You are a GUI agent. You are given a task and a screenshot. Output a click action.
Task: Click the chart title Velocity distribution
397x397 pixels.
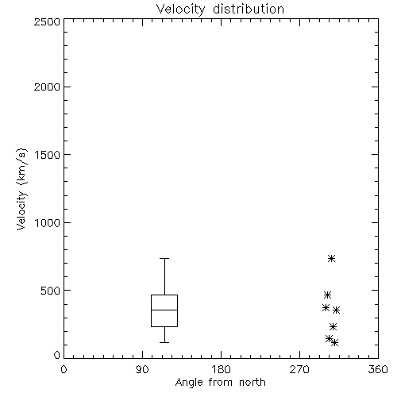point(220,9)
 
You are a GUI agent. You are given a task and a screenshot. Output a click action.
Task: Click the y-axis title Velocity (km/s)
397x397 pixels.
point(21,189)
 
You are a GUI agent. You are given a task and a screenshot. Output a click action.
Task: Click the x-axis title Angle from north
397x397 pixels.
point(220,383)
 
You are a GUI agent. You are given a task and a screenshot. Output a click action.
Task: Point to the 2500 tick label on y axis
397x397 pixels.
point(47,21)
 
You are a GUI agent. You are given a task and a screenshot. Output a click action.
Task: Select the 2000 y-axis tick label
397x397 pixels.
point(47,87)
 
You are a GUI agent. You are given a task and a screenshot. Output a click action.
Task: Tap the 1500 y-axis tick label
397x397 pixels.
point(48,155)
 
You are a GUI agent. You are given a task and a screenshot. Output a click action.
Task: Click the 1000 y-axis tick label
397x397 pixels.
point(48,222)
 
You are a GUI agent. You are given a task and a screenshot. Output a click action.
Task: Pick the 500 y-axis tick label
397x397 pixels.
point(51,291)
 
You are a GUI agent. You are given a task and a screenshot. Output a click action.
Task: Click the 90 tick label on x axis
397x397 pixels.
point(142,369)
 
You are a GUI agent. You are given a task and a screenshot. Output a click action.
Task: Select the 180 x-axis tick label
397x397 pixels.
point(221,369)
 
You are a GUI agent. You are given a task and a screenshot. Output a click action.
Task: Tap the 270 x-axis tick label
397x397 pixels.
point(299,369)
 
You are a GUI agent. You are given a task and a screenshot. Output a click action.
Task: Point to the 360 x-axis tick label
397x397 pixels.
point(378,369)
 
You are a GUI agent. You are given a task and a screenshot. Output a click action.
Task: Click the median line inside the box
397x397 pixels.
point(164,310)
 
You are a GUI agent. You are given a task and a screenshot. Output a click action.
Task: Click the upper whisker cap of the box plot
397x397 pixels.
point(164,258)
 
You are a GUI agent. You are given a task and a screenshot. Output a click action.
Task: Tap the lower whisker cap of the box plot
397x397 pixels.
point(164,342)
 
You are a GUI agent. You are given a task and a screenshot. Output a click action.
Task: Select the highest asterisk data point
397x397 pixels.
point(331,258)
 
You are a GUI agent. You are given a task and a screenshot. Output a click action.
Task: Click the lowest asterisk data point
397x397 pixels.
point(334,343)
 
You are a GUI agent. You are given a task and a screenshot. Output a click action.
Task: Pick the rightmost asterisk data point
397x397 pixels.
point(336,310)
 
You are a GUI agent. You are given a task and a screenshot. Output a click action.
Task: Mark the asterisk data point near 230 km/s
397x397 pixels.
point(333,326)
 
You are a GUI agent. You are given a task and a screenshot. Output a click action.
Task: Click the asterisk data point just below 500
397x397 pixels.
point(328,295)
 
